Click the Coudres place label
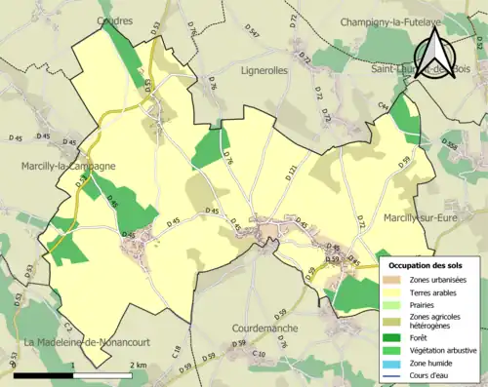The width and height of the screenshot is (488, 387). (x=115, y=19)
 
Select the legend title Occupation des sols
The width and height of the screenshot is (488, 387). (x=426, y=264)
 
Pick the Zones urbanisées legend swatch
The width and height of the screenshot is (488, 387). (x=394, y=280)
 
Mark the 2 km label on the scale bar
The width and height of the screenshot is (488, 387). (x=139, y=364)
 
